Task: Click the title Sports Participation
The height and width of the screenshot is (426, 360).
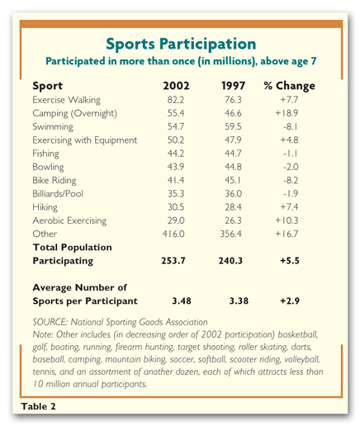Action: click(x=181, y=44)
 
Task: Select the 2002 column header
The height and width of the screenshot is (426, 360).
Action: click(x=176, y=86)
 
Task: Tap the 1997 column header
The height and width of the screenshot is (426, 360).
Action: click(x=233, y=86)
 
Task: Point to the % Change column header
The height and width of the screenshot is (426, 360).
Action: click(x=289, y=86)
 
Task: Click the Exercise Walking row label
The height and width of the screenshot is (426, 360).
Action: click(x=66, y=100)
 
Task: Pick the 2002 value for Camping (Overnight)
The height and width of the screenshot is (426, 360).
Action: click(x=176, y=113)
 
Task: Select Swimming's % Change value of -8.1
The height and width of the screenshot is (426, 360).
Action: click(x=291, y=126)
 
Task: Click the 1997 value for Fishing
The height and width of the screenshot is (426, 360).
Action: click(x=233, y=154)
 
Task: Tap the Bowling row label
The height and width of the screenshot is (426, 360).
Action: click(x=48, y=167)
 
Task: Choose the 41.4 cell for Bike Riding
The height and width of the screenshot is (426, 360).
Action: click(x=176, y=180)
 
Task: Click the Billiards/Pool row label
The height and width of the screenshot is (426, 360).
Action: click(x=58, y=194)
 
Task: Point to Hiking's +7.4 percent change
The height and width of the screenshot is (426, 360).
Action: click(x=289, y=207)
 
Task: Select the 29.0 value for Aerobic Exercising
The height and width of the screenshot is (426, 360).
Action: click(x=176, y=220)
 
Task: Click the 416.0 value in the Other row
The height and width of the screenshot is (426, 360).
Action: click(x=173, y=234)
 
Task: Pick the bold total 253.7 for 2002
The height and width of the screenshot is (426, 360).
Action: click(x=173, y=261)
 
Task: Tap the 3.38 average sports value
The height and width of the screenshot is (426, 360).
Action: click(x=239, y=301)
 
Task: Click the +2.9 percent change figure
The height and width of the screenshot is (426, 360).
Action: click(x=290, y=301)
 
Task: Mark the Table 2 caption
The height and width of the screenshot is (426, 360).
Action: click(x=38, y=406)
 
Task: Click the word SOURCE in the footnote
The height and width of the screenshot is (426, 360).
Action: click(x=50, y=322)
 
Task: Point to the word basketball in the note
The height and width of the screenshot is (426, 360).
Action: click(x=298, y=334)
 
